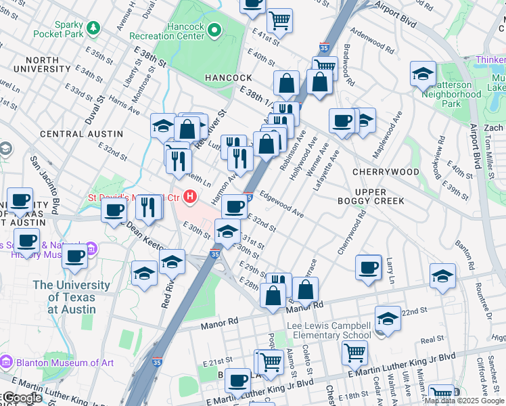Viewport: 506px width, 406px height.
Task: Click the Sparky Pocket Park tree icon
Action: pyautogui.click(x=93, y=28)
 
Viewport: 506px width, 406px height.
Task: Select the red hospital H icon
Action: pyautogui.click(x=191, y=198)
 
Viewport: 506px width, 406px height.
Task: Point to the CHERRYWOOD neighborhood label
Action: pyautogui.click(x=386, y=172)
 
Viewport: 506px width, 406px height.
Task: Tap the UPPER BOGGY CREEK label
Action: pyautogui.click(x=371, y=196)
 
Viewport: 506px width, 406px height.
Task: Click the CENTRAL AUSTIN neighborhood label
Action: pyautogui.click(x=71, y=134)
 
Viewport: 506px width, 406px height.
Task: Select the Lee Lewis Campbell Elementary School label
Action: pyautogui.click(x=329, y=330)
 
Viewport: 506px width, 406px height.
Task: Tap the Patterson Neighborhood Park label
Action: pyautogui.click(x=452, y=94)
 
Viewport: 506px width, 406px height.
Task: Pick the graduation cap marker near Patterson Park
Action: pyautogui.click(x=423, y=74)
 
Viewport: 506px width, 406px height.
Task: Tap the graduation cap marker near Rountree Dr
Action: pyautogui.click(x=443, y=276)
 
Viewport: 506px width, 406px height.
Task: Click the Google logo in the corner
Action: pyautogui.click(x=22, y=399)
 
